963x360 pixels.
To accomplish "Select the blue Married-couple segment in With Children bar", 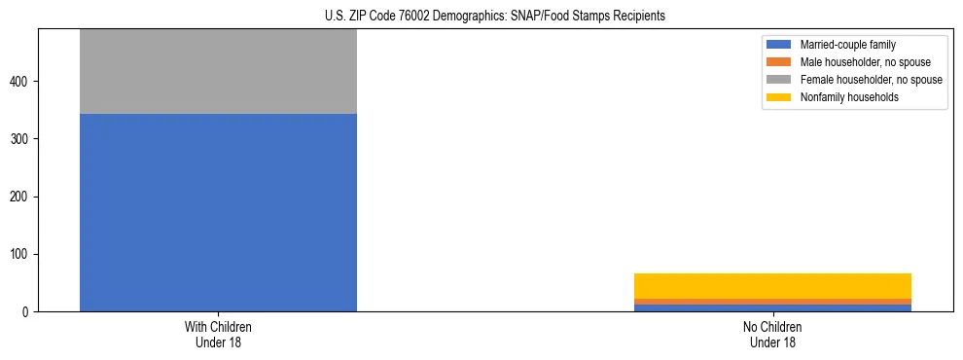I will [x=218, y=212].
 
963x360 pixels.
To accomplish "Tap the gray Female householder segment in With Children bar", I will [x=218, y=72].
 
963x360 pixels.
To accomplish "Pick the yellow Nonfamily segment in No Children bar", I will [x=772, y=286].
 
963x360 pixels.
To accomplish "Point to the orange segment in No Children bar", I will [x=772, y=302].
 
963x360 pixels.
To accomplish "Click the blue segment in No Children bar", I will [x=772, y=307].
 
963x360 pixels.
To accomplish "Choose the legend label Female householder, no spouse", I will [x=871, y=80].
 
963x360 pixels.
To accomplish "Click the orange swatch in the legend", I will [x=779, y=62].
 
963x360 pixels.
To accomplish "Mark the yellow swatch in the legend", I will [x=779, y=97].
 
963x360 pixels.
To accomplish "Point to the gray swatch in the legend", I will [x=779, y=80].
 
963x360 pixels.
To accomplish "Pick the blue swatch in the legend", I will [x=779, y=45].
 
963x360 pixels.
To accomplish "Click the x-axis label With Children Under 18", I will [x=218, y=334].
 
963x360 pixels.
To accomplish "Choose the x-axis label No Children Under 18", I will [x=772, y=334].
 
